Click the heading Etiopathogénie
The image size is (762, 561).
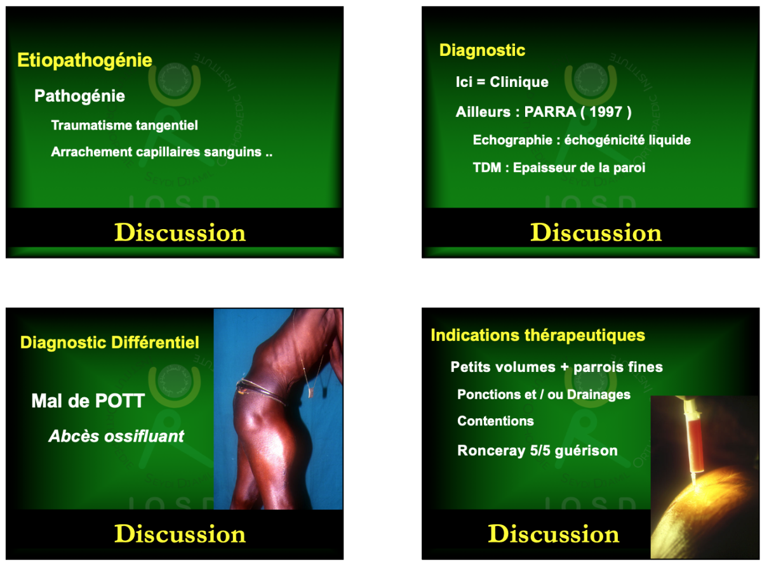coord(84,61)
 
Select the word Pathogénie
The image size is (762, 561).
coord(79,96)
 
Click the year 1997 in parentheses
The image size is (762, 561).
coord(606,112)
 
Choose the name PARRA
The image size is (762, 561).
coord(550,112)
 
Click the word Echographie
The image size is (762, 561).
coord(512,140)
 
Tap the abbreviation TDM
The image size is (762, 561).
coord(487,168)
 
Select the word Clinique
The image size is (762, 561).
coord(519,82)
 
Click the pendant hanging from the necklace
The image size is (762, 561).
coord(311,393)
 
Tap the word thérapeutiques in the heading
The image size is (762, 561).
coord(585,336)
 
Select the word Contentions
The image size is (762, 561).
coord(496,421)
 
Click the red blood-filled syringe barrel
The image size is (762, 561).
coord(695,444)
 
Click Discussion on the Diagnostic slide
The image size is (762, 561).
coord(596,233)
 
